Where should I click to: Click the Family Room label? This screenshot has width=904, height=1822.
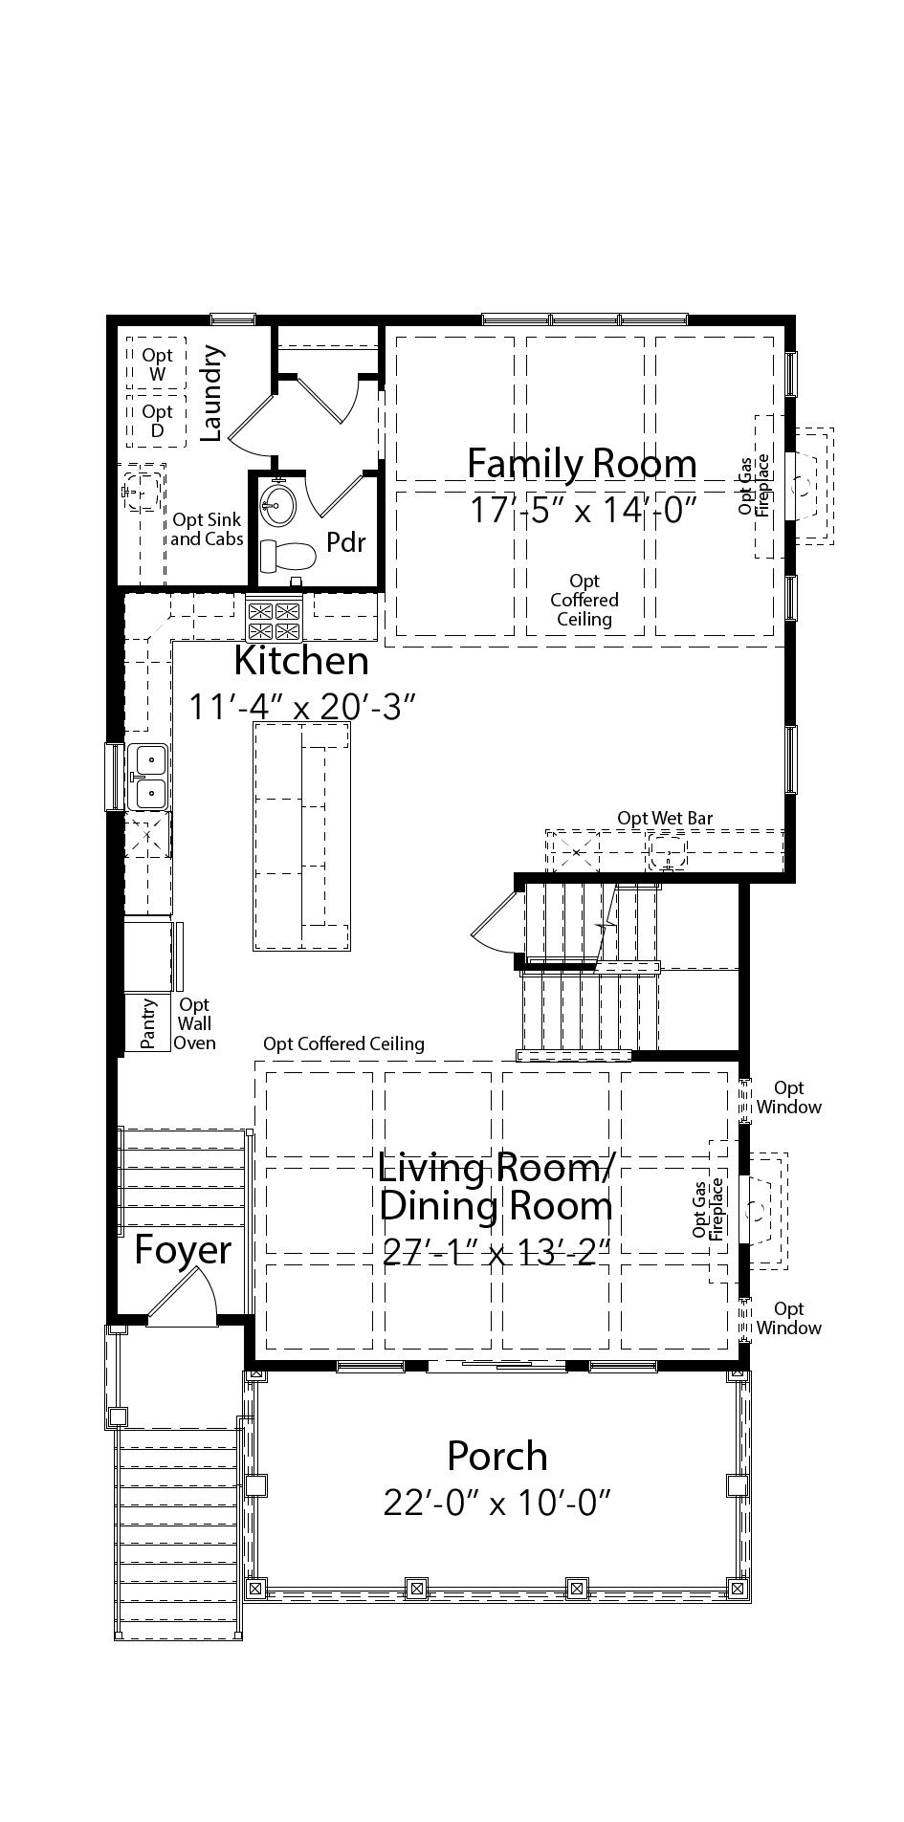coord(582,463)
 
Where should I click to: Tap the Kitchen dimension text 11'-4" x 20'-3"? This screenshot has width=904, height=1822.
coord(302,708)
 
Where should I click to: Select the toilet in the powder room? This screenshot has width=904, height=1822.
coord(289,556)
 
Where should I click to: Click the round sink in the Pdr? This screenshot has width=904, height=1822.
coord(278,499)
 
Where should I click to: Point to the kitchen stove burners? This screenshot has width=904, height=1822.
coord(275,620)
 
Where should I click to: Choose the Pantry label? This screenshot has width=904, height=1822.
coord(148,1024)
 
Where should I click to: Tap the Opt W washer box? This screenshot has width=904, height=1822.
coord(157,363)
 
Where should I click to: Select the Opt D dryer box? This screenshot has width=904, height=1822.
coord(157,421)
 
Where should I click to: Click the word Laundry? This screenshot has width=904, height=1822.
coord(211,393)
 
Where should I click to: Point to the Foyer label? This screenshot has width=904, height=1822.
coord(182,1250)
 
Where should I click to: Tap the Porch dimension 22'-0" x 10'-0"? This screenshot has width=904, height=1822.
coord(497,1504)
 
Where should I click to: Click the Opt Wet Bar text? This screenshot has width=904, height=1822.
coord(665,818)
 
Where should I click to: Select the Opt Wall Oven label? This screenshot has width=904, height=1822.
coord(194,1023)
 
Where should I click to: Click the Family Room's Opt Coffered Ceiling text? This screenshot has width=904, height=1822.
coord(584,600)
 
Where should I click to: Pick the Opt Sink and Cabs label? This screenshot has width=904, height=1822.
coord(207,529)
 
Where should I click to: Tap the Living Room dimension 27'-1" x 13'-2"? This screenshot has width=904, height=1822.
coord(496,1251)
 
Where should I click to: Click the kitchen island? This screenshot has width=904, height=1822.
coord(301,836)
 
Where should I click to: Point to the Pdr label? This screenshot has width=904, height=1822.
coord(346,542)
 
